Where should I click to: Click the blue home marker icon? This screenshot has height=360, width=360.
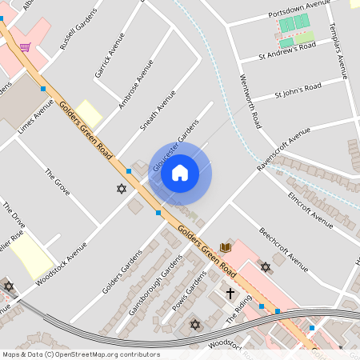(180, 172)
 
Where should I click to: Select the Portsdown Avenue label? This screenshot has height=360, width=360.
(300, 11)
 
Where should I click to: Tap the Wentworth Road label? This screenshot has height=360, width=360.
(251, 102)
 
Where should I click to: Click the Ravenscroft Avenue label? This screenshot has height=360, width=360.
(283, 149)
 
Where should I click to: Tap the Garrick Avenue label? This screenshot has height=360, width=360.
(110, 54)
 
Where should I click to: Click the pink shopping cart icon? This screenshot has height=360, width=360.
(25, 46)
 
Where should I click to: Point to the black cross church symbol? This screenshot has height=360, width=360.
(230, 293)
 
